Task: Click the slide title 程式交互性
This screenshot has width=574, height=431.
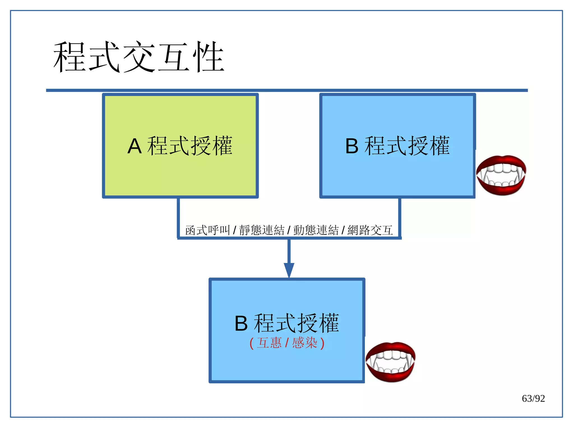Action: click(139, 57)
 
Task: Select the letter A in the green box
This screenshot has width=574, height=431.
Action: click(134, 146)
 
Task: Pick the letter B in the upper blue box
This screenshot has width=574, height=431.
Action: click(352, 146)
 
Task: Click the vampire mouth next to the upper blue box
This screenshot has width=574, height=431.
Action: click(501, 175)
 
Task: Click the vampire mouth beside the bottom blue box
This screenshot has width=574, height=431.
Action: click(390, 362)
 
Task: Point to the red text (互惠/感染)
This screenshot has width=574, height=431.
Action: click(287, 343)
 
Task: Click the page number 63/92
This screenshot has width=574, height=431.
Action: click(533, 398)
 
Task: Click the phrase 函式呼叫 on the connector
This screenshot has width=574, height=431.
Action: click(207, 230)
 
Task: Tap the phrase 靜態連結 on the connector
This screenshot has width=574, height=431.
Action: click(262, 230)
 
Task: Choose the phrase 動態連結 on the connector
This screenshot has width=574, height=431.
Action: click(316, 230)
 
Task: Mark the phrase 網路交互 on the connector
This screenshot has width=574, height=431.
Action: click(370, 230)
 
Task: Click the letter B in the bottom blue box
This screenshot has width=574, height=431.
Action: click(241, 324)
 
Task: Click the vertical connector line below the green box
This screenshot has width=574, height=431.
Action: click(178, 217)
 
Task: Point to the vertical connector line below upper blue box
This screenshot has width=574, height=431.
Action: click(400, 217)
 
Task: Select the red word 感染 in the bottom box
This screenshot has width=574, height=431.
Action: click(305, 343)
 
